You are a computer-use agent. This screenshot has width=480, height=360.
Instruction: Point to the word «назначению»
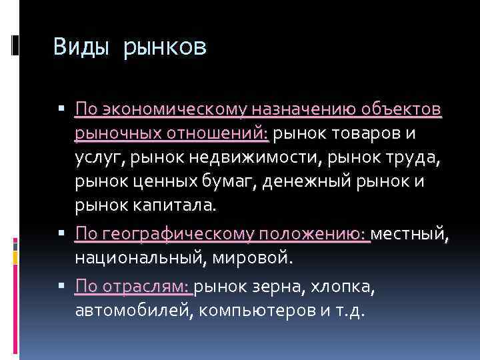coord(296,109)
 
